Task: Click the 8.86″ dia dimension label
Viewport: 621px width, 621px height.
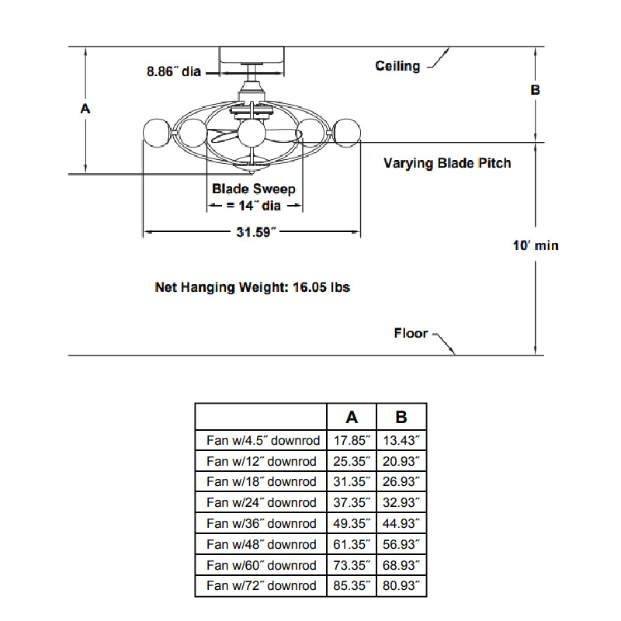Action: coord(174,72)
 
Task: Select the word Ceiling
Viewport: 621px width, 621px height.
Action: coord(397,66)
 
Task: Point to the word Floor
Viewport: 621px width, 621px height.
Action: coord(411,333)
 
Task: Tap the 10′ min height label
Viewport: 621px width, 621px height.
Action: coord(536,245)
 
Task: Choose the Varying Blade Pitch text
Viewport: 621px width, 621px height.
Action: coord(447,163)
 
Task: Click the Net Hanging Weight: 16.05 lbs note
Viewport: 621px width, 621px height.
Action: coord(252,287)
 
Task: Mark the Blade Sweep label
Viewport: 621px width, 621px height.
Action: coord(254,189)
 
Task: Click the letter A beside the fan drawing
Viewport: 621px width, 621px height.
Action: coord(85,109)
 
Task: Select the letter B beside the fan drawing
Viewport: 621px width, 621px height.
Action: coord(535,90)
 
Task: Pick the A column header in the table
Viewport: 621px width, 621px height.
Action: coord(352,417)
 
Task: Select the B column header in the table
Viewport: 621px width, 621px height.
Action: coord(401,417)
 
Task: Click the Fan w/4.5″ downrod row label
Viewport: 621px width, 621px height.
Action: coord(262,440)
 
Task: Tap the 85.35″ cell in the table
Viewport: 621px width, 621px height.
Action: coord(352,586)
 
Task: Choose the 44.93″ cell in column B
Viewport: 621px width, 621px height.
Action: coord(401,523)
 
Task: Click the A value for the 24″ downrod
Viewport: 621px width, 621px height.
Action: coord(352,502)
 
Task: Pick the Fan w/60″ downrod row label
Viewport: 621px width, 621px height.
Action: coord(262,565)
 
